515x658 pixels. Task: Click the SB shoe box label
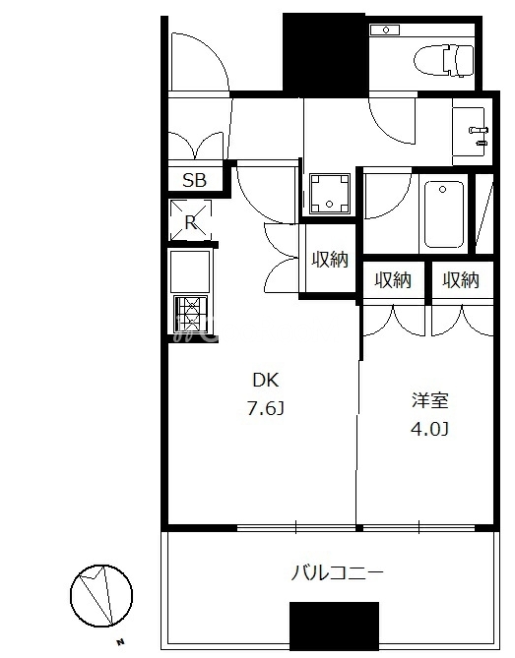[195, 180]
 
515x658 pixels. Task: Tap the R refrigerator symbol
[190, 220]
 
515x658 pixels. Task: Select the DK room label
[265, 381]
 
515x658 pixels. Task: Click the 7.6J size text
[266, 408]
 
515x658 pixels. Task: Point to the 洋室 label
[430, 400]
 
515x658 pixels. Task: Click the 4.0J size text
[429, 429]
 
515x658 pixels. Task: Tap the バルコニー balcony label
[338, 572]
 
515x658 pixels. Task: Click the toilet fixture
[443, 60]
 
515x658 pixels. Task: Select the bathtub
[443, 214]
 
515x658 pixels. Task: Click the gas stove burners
[191, 313]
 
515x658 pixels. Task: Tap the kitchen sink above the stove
[190, 270]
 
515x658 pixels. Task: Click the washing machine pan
[330, 194]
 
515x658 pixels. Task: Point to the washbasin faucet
[479, 131]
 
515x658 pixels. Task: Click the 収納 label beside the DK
[330, 260]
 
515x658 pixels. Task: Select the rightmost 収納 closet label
[461, 280]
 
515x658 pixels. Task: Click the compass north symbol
[101, 596]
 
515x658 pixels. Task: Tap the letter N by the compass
[121, 641]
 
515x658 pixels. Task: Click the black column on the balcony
[335, 627]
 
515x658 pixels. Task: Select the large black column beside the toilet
[324, 54]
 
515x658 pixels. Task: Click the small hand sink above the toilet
[385, 30]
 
